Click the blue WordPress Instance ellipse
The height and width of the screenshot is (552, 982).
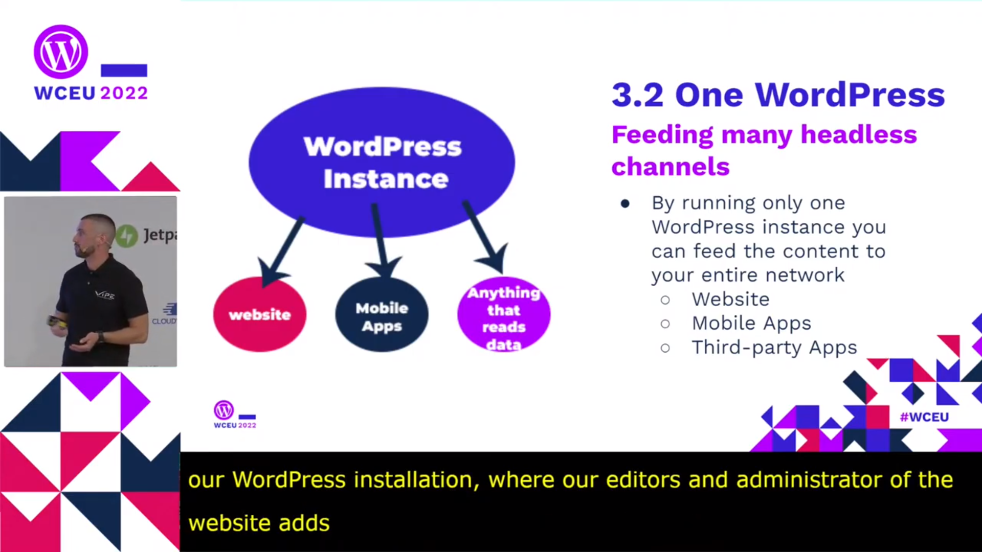[x=382, y=162]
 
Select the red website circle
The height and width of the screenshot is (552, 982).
[x=260, y=314]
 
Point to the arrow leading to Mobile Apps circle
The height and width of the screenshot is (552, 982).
[x=380, y=240]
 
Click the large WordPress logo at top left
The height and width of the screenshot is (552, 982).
[x=61, y=52]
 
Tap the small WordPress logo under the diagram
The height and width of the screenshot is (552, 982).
[x=224, y=410]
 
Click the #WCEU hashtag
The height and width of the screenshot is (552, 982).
[x=924, y=417]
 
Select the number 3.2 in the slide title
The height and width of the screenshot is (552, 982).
[x=637, y=95]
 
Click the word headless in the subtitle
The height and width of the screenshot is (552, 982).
[x=858, y=134]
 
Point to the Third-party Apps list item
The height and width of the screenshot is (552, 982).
[x=774, y=348]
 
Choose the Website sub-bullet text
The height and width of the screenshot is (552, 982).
[x=730, y=299]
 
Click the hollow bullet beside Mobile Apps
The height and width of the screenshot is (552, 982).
[x=665, y=324]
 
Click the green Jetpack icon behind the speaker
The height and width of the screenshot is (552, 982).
[x=126, y=236]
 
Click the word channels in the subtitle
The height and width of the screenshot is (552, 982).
[x=671, y=167]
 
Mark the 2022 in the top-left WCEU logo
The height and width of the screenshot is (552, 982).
[x=124, y=93]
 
